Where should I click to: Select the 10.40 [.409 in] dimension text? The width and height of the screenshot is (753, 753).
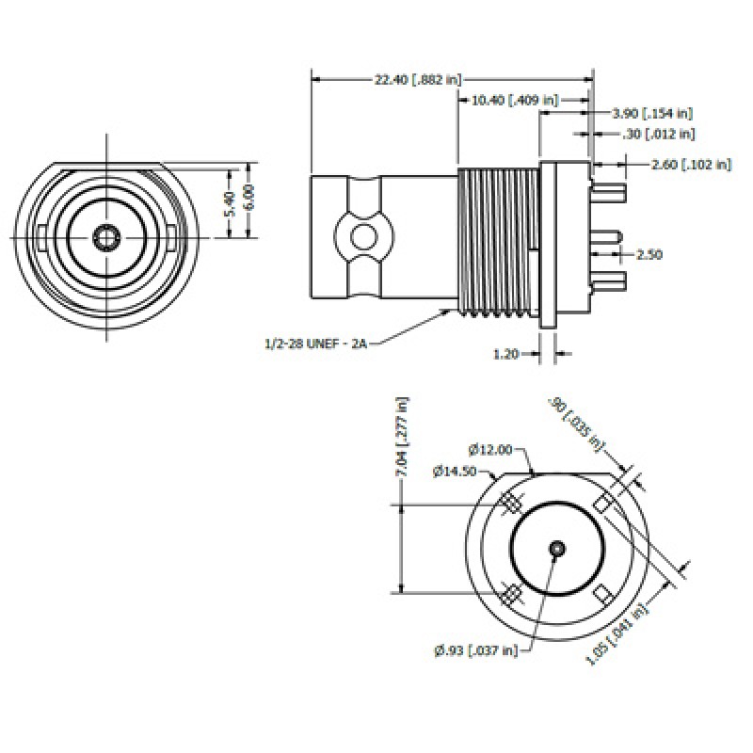tap(514, 99)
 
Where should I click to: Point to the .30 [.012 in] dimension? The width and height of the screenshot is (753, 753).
tap(659, 135)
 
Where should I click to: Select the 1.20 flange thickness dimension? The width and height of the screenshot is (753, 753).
tap(506, 354)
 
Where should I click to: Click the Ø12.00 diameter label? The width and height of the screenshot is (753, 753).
tap(491, 450)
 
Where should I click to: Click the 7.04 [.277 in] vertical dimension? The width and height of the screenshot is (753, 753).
tap(404, 438)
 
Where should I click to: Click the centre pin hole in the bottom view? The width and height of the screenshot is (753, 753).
tap(557, 548)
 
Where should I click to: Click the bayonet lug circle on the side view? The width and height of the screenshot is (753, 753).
tap(360, 235)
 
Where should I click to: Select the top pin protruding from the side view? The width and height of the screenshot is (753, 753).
tap(611, 194)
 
